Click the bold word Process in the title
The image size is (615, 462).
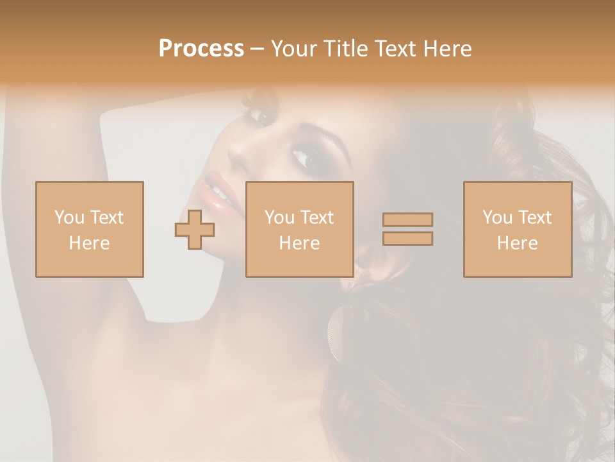tap(201, 49)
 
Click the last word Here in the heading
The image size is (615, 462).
tap(446, 49)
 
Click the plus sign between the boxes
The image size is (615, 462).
tap(195, 230)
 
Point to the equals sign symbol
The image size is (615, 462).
tap(407, 229)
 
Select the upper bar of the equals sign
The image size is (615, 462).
tap(407, 220)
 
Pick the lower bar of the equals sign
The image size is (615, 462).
tap(407, 238)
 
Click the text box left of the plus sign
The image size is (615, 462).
tap(90, 229)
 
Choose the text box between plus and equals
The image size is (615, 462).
tap(299, 229)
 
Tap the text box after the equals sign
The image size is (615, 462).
tap(518, 229)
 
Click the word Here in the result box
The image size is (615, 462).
tap(518, 243)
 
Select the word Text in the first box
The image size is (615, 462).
tap(106, 218)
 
